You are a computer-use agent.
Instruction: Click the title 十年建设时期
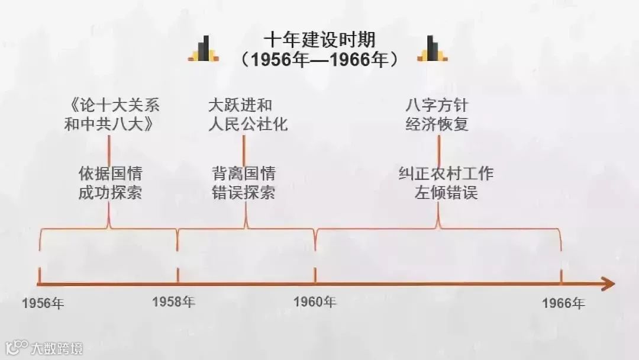pos(319,40)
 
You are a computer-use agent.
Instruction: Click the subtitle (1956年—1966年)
pos(319,60)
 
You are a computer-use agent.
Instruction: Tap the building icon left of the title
pos(204,49)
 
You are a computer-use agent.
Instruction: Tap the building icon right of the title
pos(432,49)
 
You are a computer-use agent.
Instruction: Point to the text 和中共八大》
pos(110,125)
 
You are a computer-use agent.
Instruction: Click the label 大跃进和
pos(240,106)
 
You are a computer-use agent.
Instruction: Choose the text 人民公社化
pos(248,125)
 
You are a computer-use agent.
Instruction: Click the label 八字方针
pos(437,106)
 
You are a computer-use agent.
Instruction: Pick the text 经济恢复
pos(437,125)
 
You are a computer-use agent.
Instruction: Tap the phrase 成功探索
pos(110,193)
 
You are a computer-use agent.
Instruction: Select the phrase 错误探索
pos(244,193)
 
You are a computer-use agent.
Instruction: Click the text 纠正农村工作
pos(446,174)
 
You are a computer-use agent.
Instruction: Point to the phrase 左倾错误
pos(446,193)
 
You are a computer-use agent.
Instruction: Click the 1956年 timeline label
pos(43,304)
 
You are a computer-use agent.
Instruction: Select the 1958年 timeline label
pos(173,301)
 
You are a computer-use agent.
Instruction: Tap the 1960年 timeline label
pos(315,301)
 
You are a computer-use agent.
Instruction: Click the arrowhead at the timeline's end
pos(608,284)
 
